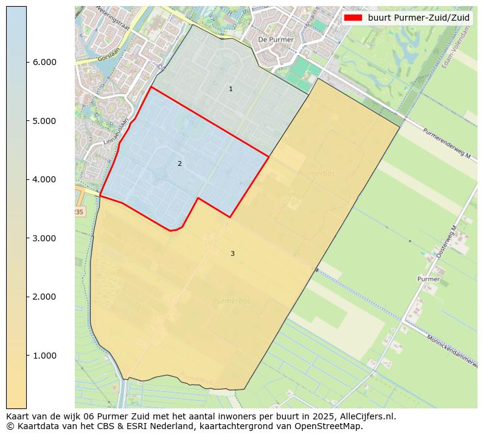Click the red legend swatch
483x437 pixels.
353,18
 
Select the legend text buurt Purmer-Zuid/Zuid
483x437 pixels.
419,18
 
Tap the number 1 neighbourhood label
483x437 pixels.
231,89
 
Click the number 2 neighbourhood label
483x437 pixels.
179,163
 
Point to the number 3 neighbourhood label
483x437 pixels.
232,253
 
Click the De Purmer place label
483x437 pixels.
276,40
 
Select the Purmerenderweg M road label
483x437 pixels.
447,143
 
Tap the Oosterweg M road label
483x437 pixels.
447,242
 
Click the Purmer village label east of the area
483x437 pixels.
428,279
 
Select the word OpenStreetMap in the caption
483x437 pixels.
330,426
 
